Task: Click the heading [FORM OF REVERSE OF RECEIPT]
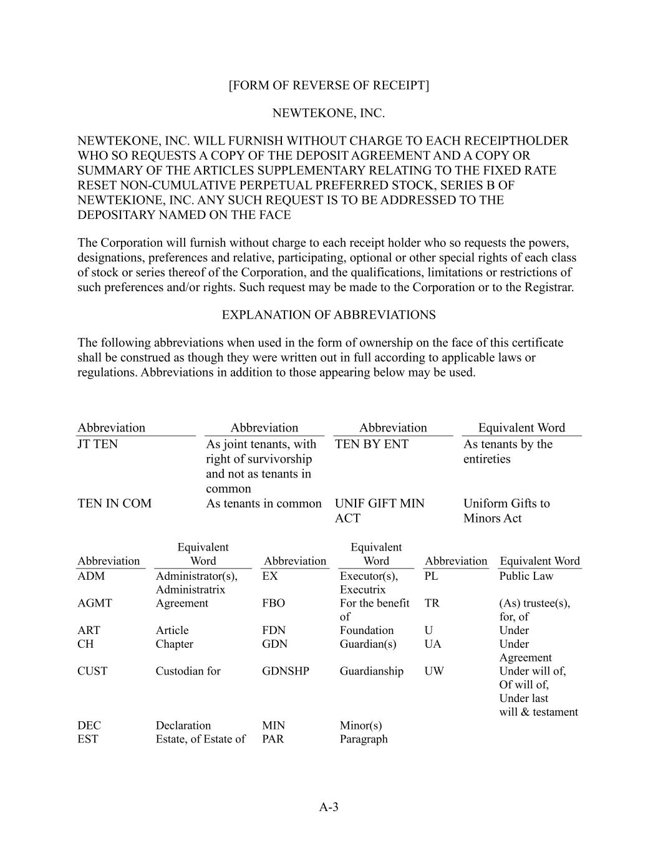coord(329,85)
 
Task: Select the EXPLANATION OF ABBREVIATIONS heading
coord(329,315)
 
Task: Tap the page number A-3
coord(329,807)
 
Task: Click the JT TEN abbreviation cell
coord(97,445)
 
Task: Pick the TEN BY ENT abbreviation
coord(372,445)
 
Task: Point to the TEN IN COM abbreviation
coord(114,504)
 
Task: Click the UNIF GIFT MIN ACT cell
coord(379,511)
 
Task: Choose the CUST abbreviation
coord(92,671)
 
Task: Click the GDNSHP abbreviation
coord(286,671)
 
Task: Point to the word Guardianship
coord(372,671)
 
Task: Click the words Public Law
coord(526,576)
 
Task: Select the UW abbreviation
coord(434,671)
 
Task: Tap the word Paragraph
coord(364,739)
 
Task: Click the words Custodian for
coord(188,671)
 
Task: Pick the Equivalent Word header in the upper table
coord(521,428)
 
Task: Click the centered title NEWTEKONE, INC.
coord(329,113)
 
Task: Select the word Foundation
coord(367,630)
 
